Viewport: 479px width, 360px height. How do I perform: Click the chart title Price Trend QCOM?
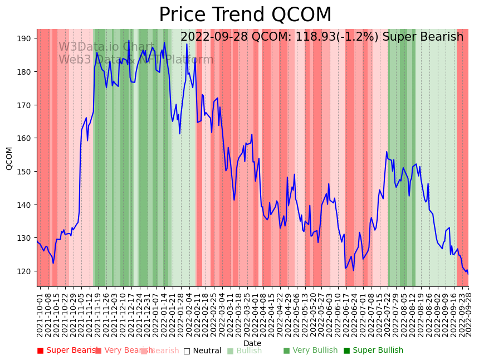tap(245, 15)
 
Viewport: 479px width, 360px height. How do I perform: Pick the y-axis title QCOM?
tap(9, 158)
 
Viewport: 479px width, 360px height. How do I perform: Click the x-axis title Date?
tap(252, 343)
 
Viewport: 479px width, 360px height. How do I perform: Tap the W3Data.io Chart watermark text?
tap(106, 47)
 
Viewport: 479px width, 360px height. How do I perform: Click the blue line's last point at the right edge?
tap(468, 274)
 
